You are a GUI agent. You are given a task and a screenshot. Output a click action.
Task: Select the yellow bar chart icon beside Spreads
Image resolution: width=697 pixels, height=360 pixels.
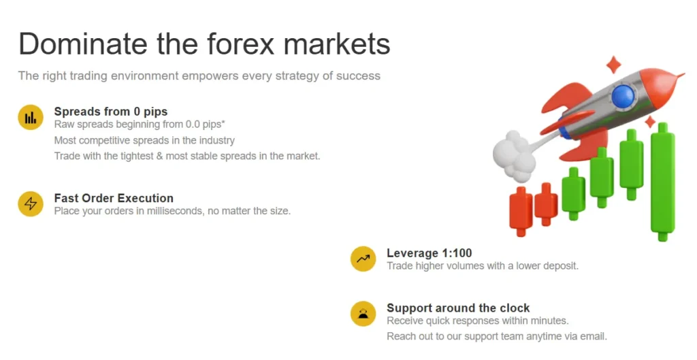[31, 118]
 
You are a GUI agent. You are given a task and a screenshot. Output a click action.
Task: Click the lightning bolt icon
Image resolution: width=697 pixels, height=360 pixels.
[31, 204]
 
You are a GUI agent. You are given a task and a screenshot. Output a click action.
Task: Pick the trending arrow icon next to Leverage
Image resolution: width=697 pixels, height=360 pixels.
[363, 259]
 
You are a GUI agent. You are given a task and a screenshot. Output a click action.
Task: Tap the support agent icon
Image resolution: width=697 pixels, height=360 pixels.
[363, 314]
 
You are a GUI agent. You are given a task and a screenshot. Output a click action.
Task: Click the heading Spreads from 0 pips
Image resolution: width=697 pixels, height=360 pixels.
[110, 112]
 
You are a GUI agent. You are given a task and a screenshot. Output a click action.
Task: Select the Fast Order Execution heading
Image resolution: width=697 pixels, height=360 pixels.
[114, 198]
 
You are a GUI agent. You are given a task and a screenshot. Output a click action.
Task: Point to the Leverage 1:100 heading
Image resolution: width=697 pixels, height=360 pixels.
[429, 253]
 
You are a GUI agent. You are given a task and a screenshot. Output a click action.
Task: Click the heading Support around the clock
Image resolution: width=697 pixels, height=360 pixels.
[458, 308]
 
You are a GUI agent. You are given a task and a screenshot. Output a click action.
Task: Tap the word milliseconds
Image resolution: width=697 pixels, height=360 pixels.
[182, 211]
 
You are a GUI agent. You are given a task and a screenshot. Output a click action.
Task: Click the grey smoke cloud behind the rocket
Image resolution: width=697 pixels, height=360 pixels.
[512, 153]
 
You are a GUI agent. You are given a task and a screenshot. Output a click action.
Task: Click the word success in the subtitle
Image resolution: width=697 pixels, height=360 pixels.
[359, 76]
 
